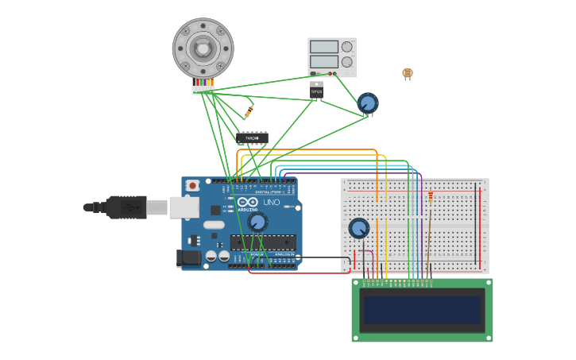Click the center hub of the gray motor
point(203,48)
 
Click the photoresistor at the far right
point(408,73)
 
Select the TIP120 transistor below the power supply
point(316,91)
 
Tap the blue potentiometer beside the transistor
point(367,103)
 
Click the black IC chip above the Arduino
point(252,137)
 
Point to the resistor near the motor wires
point(249,111)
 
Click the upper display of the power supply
point(323,47)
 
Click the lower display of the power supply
point(323,61)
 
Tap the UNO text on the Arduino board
point(272,203)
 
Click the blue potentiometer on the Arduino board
point(257,222)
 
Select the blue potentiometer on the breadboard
point(359,228)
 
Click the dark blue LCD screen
point(422,310)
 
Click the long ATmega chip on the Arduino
point(263,242)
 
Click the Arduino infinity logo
point(247,202)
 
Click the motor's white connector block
point(203,90)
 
